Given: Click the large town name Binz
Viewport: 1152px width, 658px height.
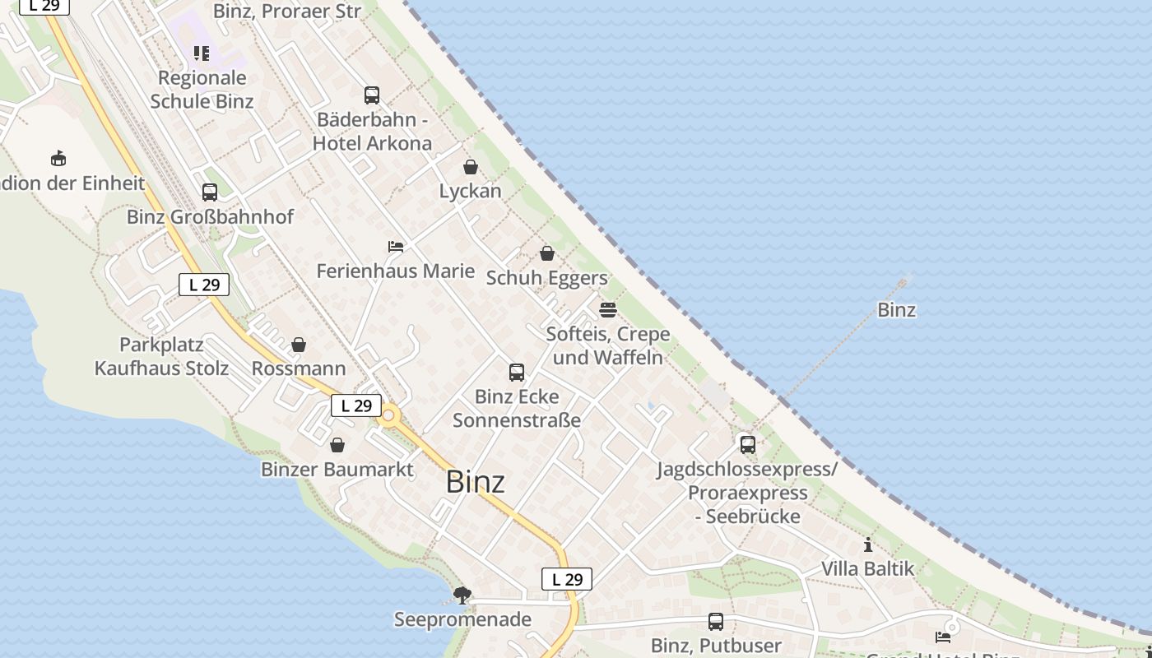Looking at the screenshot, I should [475, 482].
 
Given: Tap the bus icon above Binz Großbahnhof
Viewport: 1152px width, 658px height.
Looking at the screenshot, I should [210, 192].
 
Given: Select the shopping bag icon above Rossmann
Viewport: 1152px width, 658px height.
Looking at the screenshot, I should [299, 345].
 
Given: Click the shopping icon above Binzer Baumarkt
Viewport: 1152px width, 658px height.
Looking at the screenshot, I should [337, 445].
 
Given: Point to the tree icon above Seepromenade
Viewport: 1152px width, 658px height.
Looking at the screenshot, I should [462, 595].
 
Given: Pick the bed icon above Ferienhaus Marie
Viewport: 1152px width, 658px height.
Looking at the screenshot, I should [396, 246].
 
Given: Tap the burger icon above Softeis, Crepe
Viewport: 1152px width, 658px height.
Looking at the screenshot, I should [608, 310].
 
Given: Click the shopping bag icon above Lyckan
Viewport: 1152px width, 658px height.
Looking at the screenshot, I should [471, 167].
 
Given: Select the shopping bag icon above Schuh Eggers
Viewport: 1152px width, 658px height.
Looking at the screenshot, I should [547, 253].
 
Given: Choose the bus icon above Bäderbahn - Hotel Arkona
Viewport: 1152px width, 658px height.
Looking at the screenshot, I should [372, 95].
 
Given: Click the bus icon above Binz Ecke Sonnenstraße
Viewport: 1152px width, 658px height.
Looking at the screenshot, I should [517, 373].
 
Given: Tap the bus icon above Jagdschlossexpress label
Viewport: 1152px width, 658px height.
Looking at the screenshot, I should [748, 445].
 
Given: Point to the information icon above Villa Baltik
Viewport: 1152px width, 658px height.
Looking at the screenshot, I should [868, 544].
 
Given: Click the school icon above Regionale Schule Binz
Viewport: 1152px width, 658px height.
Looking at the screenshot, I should [202, 53].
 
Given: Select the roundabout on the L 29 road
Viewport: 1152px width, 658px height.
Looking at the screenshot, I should [388, 416].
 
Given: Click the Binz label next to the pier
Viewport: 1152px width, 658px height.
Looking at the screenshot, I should [897, 310].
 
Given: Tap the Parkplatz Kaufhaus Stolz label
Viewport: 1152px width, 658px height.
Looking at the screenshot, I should [161, 356].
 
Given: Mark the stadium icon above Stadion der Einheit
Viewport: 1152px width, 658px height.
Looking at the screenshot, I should [58, 158].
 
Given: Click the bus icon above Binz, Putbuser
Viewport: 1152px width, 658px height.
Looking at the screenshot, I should [716, 622].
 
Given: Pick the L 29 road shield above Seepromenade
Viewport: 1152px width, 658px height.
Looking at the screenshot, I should [567, 579].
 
